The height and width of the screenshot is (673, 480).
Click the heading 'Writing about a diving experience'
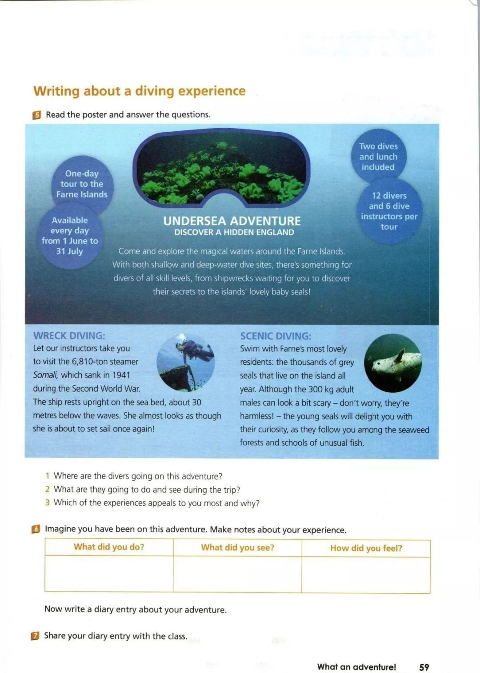(139, 91)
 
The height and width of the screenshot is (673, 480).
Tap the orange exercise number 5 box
(36, 115)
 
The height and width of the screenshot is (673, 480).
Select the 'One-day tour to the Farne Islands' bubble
(82, 184)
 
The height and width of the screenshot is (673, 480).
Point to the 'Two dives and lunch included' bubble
(378, 157)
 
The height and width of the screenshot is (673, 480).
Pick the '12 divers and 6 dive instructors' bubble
(389, 211)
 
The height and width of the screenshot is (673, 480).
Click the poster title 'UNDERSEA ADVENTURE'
(232, 221)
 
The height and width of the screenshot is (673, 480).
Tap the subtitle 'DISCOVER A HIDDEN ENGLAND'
(234, 232)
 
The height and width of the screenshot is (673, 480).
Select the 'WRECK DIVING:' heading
(69, 336)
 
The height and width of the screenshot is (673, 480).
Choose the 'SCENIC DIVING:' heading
(276, 336)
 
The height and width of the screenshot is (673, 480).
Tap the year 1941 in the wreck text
(121, 375)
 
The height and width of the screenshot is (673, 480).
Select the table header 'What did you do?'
(109, 547)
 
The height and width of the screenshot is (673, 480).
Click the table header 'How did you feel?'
(366, 548)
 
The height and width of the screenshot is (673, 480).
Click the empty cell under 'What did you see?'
(237, 574)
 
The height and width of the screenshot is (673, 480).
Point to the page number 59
(424, 667)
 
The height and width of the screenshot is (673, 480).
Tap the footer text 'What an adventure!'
(356, 667)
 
